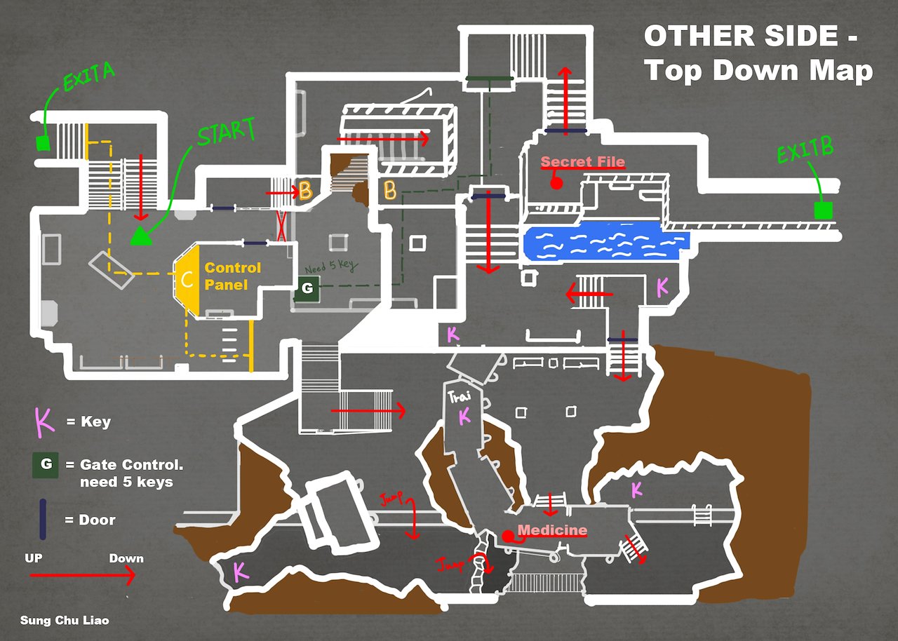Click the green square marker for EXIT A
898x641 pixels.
pos(43,144)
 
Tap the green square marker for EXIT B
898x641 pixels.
pos(822,210)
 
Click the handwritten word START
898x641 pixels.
pos(226,133)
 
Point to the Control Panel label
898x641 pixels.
pos(232,276)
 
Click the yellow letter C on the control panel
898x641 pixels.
pos(187,278)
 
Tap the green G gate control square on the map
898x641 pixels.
pos(306,288)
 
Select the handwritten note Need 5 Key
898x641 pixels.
pos(330,266)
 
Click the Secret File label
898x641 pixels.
pos(582,162)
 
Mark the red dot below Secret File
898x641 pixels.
pos(556,183)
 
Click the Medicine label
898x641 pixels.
pos(552,529)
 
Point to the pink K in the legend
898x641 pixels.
pos(43,422)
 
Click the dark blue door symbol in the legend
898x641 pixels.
pos(43,519)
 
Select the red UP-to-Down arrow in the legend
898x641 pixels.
pos(82,576)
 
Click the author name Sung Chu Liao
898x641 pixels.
pos(65,621)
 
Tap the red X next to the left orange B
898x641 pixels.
pos(281,227)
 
